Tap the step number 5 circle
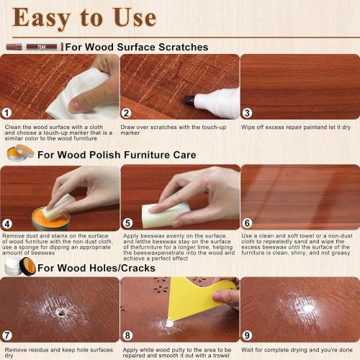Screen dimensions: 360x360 [x=127, y=224]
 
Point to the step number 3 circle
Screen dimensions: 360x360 [x=247, y=113]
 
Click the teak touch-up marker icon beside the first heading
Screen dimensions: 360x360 [x=33, y=47]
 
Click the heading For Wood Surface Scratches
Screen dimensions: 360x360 [x=137, y=47]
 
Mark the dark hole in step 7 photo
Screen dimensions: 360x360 [x=61, y=313]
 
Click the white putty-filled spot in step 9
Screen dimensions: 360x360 [x=308, y=308]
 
